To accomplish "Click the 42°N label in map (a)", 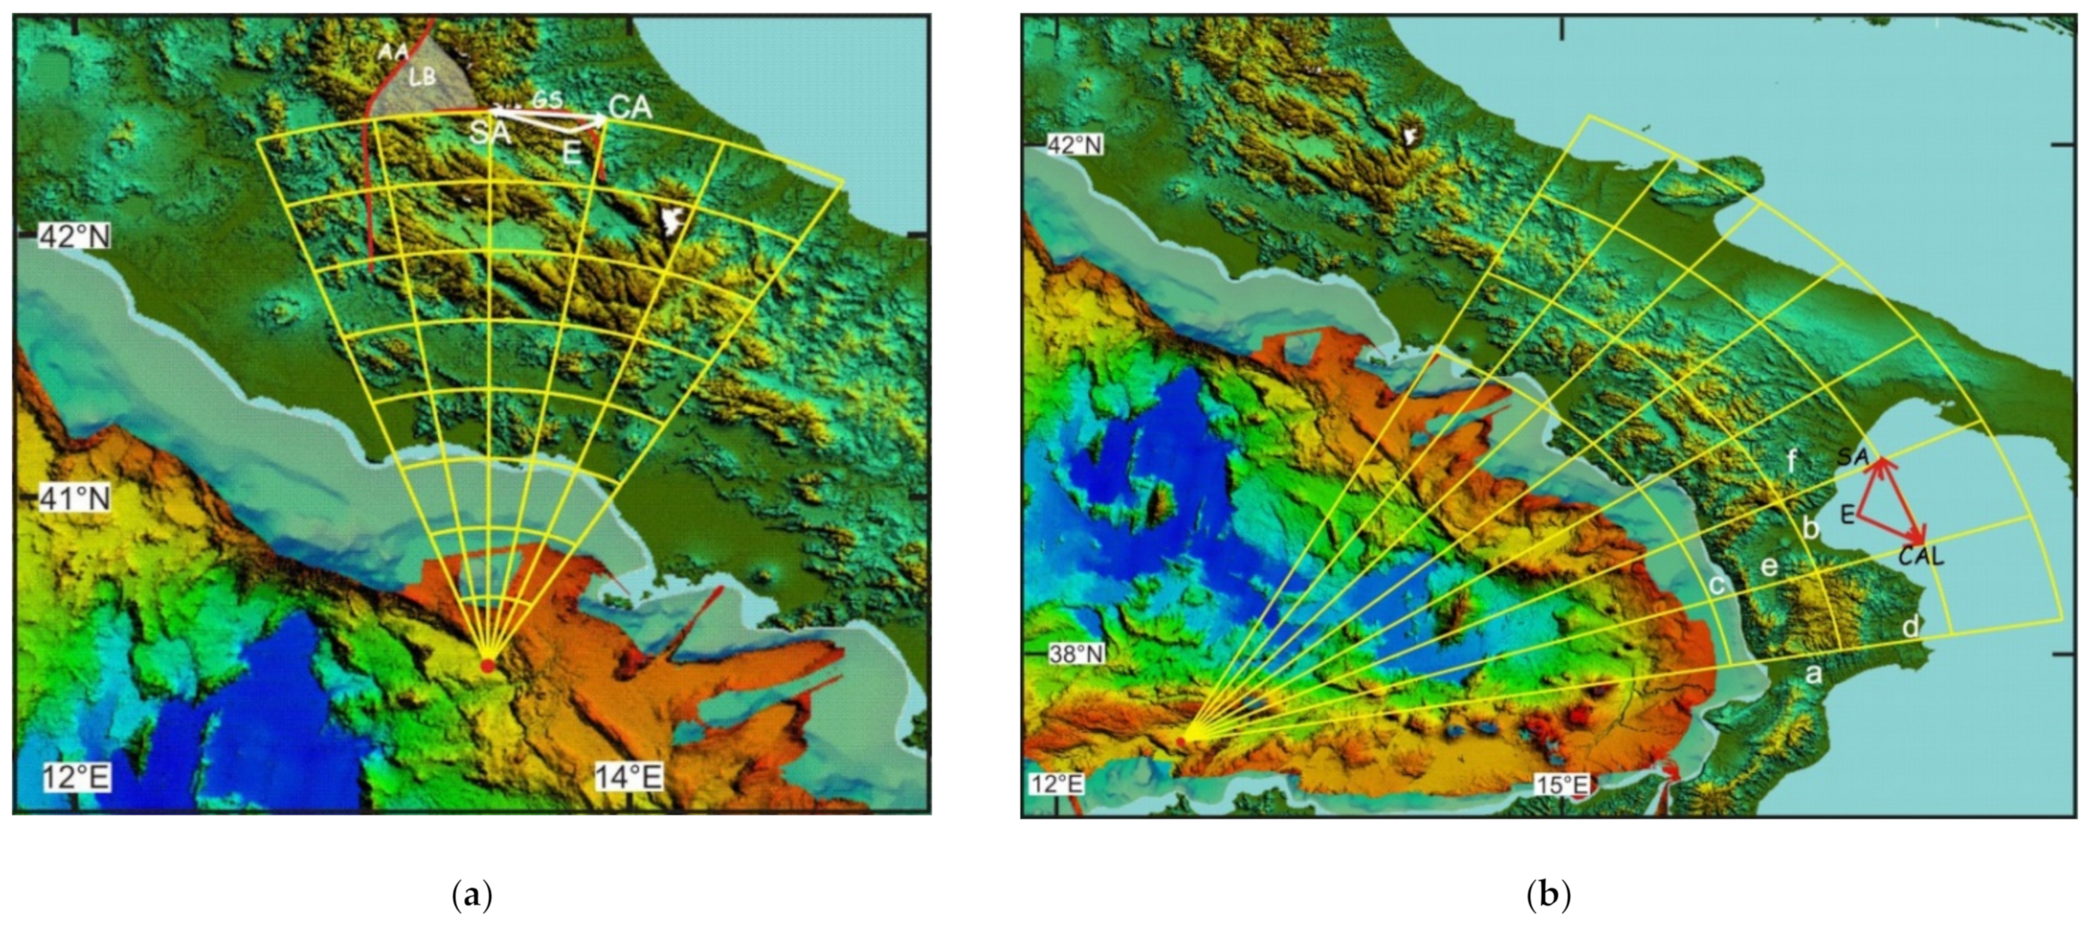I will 75,237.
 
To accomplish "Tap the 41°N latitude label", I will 75,498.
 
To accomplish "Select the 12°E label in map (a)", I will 77,778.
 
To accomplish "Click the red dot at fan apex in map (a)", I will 487,665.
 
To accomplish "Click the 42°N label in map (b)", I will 1074,145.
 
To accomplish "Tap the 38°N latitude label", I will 1074,653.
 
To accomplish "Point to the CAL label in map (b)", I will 1921,557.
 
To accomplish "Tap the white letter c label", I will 1717,584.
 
